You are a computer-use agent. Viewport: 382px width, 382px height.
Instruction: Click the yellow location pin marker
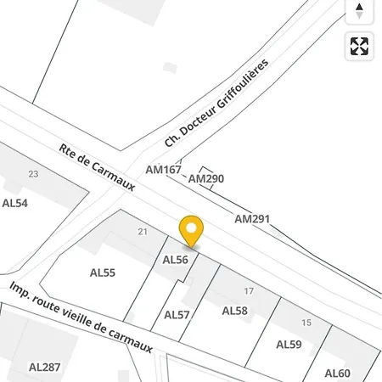point(192,230)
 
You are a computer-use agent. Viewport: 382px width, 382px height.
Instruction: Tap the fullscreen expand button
point(360,46)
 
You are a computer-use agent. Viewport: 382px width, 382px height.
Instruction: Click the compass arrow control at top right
point(360,11)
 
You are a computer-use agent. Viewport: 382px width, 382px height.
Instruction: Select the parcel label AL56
point(175,260)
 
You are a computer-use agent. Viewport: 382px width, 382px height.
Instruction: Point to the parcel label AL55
point(103,272)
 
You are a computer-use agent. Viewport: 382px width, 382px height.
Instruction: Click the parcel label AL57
point(177,315)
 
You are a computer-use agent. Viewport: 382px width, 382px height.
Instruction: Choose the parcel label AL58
point(234,311)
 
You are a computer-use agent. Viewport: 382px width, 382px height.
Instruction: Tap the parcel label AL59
point(289,345)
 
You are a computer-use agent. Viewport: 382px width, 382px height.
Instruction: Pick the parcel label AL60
point(337,373)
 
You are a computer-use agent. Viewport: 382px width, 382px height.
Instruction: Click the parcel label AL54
point(15,203)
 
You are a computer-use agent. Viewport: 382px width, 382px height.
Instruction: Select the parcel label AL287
point(45,368)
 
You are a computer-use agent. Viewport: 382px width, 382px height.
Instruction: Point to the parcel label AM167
point(164,170)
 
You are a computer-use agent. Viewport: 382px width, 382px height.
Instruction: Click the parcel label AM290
point(205,179)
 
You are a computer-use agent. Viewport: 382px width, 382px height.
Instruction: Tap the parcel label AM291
point(252,219)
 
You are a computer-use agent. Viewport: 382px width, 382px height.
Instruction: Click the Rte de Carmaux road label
point(97,166)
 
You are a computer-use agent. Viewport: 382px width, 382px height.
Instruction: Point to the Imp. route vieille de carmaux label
point(81,317)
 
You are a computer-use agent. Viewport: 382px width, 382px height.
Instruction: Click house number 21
point(143,232)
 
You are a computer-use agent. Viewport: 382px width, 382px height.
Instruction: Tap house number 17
point(249,291)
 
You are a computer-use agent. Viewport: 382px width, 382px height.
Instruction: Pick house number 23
point(33,174)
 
